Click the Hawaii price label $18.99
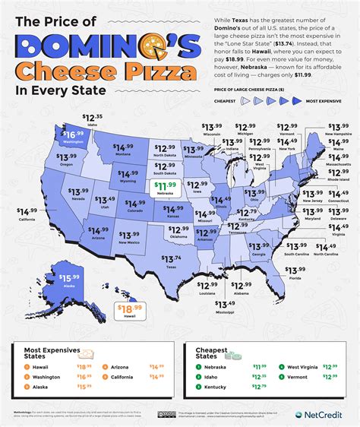coord(128,308)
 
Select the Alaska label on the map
coord(49,286)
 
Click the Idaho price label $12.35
coord(93,118)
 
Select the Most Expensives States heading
coord(45,353)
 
